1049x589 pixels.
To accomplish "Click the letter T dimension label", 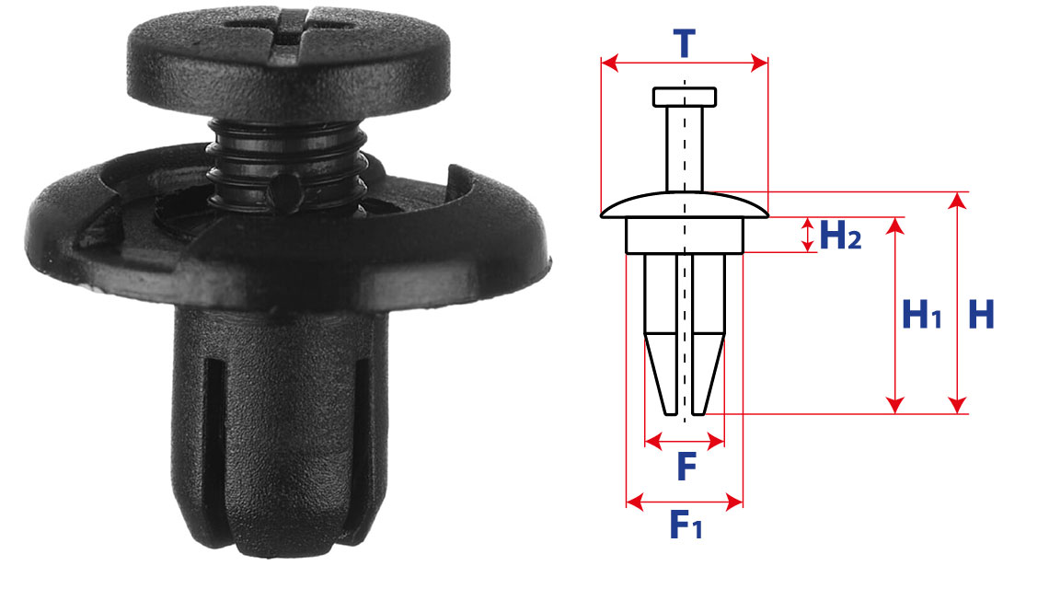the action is [x=685, y=43].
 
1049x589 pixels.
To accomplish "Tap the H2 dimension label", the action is [x=840, y=235].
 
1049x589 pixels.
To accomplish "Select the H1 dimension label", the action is [x=922, y=314].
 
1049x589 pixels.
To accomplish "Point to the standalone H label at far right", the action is [x=982, y=314].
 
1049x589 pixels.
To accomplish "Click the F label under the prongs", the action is [x=686, y=467].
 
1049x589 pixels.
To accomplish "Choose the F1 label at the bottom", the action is [x=686, y=524].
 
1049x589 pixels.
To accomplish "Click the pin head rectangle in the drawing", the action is [x=685, y=97].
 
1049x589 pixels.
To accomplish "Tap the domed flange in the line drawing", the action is [x=685, y=205].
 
